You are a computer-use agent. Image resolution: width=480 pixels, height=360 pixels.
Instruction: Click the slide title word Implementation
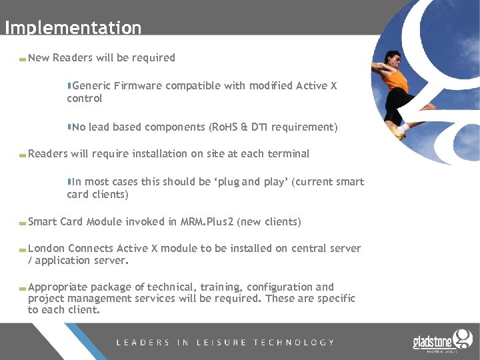73,27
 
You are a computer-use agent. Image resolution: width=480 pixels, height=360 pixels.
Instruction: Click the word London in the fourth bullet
47,248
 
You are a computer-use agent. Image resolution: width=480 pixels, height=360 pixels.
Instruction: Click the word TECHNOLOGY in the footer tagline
294,342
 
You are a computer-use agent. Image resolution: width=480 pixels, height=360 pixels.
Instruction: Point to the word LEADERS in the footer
143,342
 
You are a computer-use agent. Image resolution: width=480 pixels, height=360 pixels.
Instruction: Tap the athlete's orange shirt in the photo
397,80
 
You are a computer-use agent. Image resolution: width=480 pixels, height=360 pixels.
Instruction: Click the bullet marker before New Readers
23,59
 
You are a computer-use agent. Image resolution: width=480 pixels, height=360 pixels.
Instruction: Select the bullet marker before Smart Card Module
23,223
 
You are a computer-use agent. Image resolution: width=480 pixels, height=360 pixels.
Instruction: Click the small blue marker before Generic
69,85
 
